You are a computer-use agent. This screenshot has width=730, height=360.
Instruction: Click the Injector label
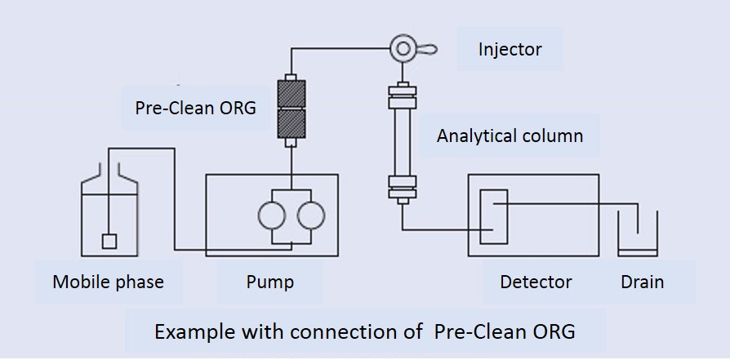pyautogui.click(x=510, y=49)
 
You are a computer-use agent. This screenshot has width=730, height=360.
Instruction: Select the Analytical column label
pyautogui.click(x=510, y=135)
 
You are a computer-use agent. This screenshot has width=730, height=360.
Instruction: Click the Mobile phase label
pyautogui.click(x=108, y=282)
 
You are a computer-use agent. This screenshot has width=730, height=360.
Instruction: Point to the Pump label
pyautogui.click(x=269, y=282)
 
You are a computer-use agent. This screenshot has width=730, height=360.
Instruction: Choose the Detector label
pyautogui.click(x=536, y=282)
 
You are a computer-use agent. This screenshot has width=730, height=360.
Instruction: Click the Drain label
pyautogui.click(x=642, y=282)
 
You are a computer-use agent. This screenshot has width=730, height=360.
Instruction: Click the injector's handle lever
pyautogui.click(x=426, y=49)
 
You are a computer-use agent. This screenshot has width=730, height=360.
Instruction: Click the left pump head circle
pyautogui.click(x=271, y=216)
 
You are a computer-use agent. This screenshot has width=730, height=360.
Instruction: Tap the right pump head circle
pyautogui.click(x=311, y=216)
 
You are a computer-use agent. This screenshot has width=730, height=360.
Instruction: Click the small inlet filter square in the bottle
pyautogui.click(x=109, y=242)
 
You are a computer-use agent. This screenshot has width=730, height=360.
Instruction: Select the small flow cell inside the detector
pyautogui.click(x=493, y=216)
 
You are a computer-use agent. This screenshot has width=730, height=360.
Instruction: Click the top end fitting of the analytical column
pyautogui.click(x=402, y=93)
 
